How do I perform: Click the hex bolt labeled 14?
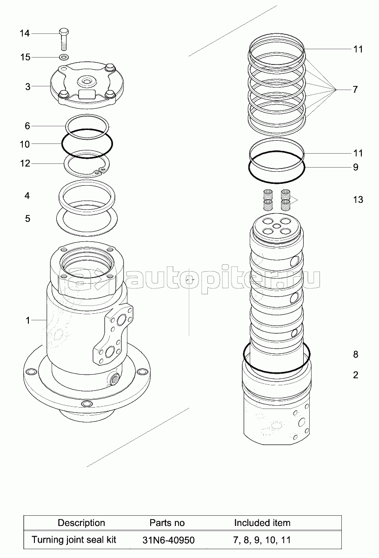64,39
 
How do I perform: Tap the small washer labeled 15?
64,57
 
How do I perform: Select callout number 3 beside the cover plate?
28,87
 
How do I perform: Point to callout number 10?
25,144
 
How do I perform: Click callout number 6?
27,126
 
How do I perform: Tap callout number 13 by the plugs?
358,200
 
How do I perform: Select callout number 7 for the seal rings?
355,90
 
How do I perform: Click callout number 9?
356,167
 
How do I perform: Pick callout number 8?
356,354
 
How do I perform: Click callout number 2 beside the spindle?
356,375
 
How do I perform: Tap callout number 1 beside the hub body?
28,320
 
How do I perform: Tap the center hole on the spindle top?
277,226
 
